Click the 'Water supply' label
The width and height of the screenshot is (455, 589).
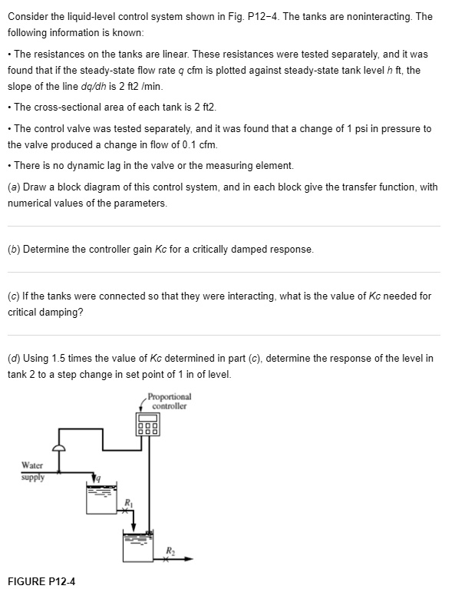33,470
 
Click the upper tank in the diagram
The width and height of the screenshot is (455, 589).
104,500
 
